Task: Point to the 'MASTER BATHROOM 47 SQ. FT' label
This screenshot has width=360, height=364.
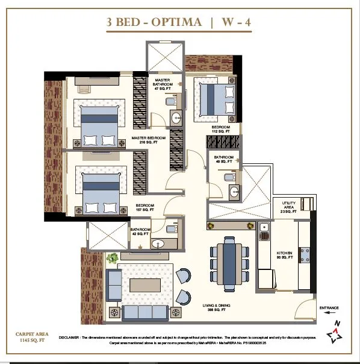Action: [x=163, y=84]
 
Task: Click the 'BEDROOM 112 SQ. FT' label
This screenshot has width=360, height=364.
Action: [x=220, y=130]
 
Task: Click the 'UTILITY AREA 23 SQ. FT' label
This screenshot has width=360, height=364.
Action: [x=288, y=207]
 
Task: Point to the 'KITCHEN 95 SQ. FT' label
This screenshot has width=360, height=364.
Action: [x=285, y=255]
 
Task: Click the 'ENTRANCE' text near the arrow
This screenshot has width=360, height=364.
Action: [x=329, y=308]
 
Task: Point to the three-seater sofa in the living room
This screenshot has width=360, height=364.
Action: [x=144, y=312]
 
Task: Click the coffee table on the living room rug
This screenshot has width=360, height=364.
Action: [x=146, y=284]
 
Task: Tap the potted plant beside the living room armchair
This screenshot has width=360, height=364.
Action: [x=112, y=259]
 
